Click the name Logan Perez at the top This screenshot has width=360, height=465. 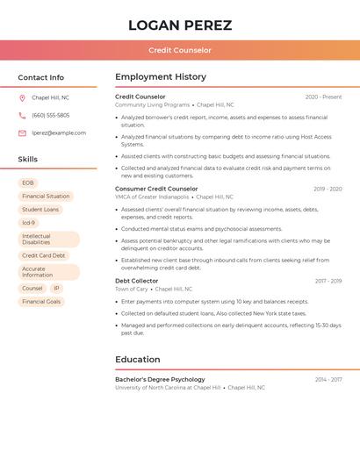[180, 25]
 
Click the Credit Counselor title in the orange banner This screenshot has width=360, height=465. [180, 50]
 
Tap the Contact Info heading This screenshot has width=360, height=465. [41, 77]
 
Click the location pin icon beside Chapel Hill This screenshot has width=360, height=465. [22, 97]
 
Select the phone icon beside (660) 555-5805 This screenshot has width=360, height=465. [22, 115]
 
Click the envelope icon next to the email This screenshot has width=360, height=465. [22, 133]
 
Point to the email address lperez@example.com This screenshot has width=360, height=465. [59, 133]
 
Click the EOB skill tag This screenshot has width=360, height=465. [28, 183]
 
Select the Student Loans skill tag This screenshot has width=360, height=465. [40, 210]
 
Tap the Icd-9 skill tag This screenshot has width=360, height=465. [29, 223]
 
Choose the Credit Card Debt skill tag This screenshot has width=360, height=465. [44, 255]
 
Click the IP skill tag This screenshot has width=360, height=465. [56, 288]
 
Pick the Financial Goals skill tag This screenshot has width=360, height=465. [41, 301]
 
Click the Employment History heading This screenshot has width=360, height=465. [161, 77]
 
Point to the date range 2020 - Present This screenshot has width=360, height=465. [323, 97]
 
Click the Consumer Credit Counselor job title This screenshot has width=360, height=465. [156, 189]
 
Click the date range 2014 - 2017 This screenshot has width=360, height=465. [328, 380]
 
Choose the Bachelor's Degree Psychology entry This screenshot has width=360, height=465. [160, 380]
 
